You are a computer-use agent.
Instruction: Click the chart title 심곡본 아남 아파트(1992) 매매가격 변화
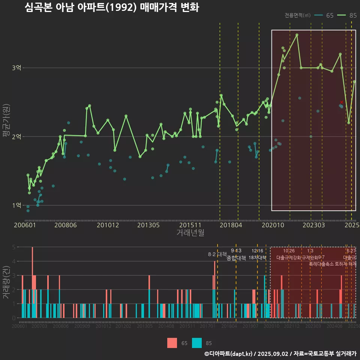coord(112,7)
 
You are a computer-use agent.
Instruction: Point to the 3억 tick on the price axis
coord(17,68)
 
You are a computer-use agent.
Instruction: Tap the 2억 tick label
coord(17,136)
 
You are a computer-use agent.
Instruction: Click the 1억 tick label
coord(17,205)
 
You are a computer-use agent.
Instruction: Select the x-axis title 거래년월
coord(190,233)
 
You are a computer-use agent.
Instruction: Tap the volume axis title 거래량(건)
coord(6,282)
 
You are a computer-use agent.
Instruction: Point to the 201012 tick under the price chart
coord(108,225)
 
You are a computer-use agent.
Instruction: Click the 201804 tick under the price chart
coord(230,225)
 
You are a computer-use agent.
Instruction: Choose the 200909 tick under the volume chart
coord(82,327)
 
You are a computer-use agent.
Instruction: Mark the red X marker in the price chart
coord(342,102)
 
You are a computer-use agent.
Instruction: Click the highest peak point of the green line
coord(297,35)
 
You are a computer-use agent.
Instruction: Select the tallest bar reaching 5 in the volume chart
coord(32,282)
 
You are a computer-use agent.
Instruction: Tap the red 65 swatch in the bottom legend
coord(172,343)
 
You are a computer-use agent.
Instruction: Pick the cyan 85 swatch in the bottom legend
coord(197,343)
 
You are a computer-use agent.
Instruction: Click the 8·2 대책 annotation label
coord(217,254)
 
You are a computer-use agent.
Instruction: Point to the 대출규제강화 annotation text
coord(289,258)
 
